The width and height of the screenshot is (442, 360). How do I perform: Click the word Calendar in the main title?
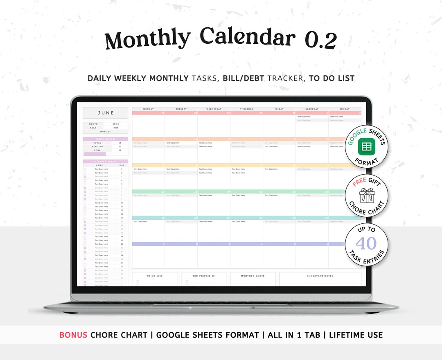point(248,38)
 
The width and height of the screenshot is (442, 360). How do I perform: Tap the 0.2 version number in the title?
point(320,41)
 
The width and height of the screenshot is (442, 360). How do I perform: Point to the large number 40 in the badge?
point(366,243)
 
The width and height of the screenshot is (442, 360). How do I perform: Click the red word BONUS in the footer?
point(73,335)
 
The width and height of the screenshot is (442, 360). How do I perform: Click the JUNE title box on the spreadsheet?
point(106,113)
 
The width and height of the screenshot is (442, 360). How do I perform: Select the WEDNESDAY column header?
point(214,109)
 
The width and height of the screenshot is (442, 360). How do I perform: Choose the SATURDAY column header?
point(312,109)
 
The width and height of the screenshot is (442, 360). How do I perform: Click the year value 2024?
point(115,128)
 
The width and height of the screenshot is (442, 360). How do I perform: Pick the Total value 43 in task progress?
point(120,143)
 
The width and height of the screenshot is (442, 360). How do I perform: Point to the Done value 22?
point(120,150)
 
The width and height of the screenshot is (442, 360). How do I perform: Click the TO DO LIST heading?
point(154,276)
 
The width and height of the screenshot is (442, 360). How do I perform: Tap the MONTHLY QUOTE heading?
point(253,276)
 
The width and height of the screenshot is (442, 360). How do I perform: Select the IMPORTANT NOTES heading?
point(320,276)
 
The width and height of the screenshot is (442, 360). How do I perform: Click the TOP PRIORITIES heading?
point(203,276)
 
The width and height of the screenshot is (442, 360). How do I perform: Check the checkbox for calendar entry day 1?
point(85,169)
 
